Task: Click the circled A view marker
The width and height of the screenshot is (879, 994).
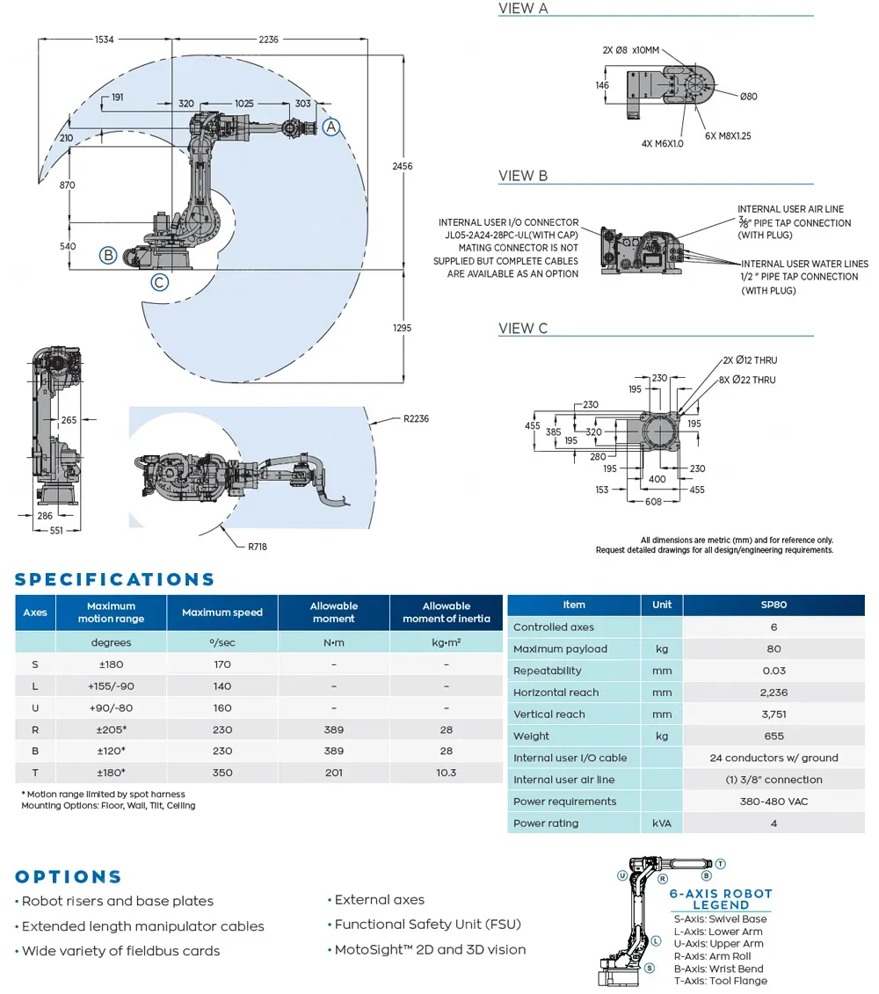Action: click(x=331, y=127)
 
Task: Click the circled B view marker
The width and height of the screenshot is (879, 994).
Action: click(x=108, y=256)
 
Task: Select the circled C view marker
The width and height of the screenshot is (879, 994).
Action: click(x=159, y=282)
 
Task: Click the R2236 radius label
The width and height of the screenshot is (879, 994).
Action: click(x=416, y=419)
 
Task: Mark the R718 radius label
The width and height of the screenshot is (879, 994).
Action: click(x=257, y=547)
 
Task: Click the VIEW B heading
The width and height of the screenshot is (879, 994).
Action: click(x=523, y=176)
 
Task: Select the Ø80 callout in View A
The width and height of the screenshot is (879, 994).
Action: click(x=748, y=97)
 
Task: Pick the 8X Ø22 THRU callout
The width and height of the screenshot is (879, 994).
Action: click(x=749, y=380)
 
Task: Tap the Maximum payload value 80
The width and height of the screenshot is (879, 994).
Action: click(x=774, y=649)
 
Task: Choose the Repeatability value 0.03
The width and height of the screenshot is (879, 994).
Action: click(x=774, y=671)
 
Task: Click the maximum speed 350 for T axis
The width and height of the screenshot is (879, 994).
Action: click(x=222, y=773)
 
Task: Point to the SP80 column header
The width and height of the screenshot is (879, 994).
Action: click(x=774, y=605)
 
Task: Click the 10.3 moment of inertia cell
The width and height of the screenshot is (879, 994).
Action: click(x=446, y=773)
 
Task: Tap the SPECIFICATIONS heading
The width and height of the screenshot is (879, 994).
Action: click(x=115, y=579)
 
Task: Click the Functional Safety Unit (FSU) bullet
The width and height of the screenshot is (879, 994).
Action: click(x=427, y=925)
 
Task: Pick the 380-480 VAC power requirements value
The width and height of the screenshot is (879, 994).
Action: click(x=774, y=802)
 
